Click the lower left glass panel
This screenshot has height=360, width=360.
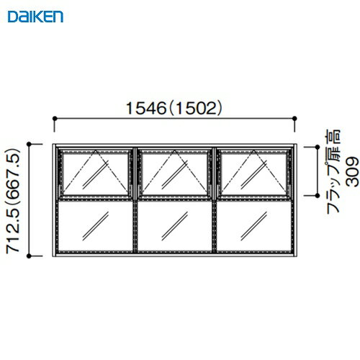95,226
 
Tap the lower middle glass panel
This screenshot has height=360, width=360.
174,226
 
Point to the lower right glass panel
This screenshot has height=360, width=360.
253,226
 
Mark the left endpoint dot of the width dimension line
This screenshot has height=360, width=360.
55,119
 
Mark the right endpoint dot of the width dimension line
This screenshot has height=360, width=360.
295,119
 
